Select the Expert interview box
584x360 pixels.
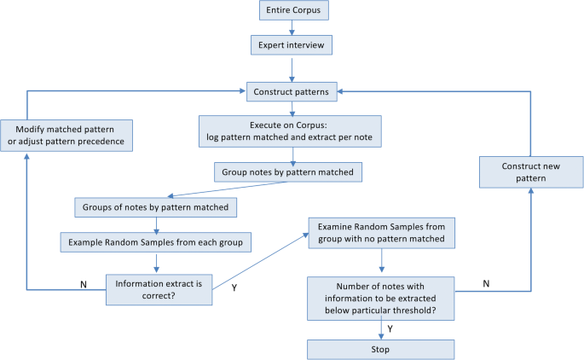(292, 44)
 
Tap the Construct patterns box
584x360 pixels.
(292, 90)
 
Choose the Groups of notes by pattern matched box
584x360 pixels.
(154, 207)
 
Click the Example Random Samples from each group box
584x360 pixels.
(154, 241)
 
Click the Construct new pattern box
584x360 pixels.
(530, 171)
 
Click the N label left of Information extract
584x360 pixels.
(84, 284)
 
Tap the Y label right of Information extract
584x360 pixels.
(233, 287)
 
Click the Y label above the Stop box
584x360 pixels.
(390, 327)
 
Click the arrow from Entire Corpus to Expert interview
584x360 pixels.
(292, 28)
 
